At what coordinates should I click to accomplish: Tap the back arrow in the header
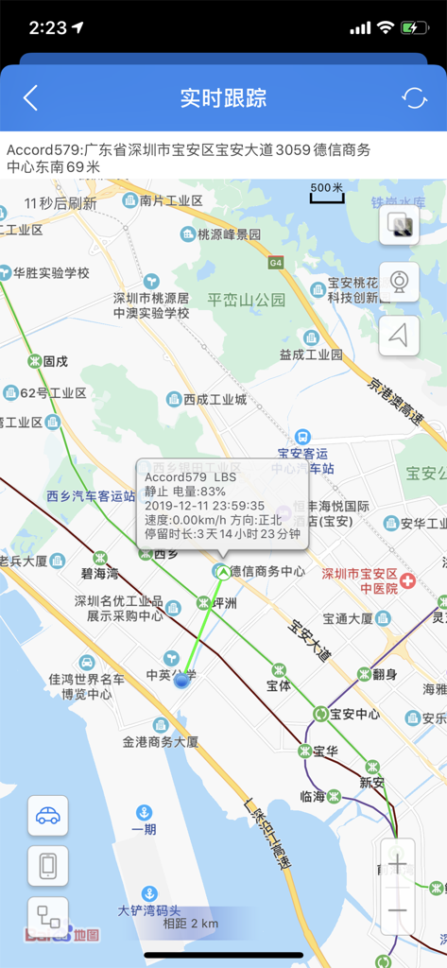[31, 97]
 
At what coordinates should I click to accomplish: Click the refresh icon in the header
[414, 97]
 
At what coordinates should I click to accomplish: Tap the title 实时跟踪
[223, 97]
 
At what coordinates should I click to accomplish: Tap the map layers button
[399, 225]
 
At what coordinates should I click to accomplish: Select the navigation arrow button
[399, 336]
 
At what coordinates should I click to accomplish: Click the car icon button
[47, 816]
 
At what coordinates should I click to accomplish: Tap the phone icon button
[47, 866]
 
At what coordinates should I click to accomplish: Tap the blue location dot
[181, 681]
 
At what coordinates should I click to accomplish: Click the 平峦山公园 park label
[247, 301]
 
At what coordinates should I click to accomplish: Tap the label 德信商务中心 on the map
[267, 571]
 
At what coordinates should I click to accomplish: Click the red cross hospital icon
[407, 580]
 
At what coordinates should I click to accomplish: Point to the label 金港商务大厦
[161, 742]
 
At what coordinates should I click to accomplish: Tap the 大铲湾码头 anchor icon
[148, 893]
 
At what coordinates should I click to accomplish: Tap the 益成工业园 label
[310, 354]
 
